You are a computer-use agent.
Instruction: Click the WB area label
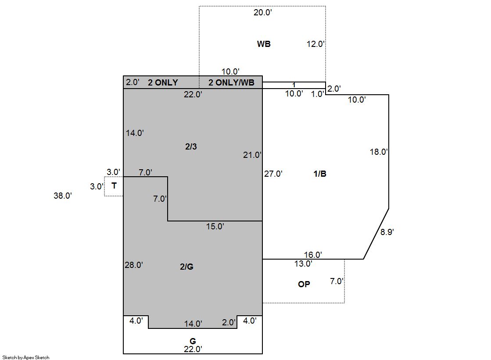[264, 44]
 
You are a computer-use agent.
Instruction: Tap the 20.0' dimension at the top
[262, 13]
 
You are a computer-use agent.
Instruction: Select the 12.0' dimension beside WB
[315, 44]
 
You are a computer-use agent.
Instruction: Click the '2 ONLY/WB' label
[231, 82]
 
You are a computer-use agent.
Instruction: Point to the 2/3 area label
[191, 146]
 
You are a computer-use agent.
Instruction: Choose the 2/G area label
[186, 267]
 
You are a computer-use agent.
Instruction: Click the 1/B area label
[320, 174]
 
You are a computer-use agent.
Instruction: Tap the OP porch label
[304, 284]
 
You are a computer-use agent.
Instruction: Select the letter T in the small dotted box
[114, 186]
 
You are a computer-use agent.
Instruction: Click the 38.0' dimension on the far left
[63, 196]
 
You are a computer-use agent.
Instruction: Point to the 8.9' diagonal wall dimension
[387, 232]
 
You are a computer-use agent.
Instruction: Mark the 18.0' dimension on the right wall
[379, 152]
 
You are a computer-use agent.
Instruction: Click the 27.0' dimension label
[273, 174]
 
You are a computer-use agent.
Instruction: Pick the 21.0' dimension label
[252, 155]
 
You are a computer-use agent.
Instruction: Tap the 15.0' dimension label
[215, 226]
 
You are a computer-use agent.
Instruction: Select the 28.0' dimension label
[134, 265]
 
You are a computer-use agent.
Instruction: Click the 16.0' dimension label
[313, 255]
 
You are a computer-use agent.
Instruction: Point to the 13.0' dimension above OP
[303, 264]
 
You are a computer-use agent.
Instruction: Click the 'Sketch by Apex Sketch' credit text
[26, 357]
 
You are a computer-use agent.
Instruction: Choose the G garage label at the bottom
[193, 341]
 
